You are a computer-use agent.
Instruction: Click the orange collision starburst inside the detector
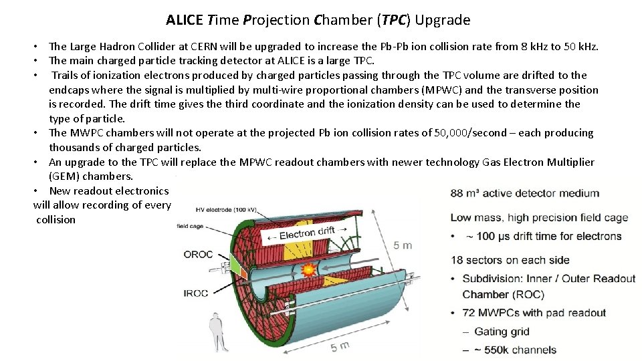pyautogui.click(x=309, y=270)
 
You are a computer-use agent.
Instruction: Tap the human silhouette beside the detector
pyautogui.click(x=216, y=332)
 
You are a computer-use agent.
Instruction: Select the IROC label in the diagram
pyautogui.click(x=197, y=293)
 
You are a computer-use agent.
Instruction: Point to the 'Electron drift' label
pyautogui.click(x=308, y=233)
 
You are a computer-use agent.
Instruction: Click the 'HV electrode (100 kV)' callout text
pyautogui.click(x=219, y=209)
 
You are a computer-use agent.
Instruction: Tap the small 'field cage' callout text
pyautogui.click(x=190, y=227)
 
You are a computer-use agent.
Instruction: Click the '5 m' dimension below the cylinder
pyautogui.click(x=339, y=346)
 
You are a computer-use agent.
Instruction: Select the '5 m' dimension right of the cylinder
pyautogui.click(x=403, y=245)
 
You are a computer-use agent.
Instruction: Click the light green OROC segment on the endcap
pyautogui.click(x=235, y=267)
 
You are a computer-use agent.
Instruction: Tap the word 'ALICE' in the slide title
pyautogui.click(x=185, y=20)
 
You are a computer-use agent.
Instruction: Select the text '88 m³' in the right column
pyautogui.click(x=465, y=193)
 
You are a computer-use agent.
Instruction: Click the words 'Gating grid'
pyautogui.click(x=502, y=332)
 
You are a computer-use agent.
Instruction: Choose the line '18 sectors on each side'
pyautogui.click(x=510, y=260)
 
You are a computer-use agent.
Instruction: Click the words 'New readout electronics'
pyautogui.click(x=109, y=191)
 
